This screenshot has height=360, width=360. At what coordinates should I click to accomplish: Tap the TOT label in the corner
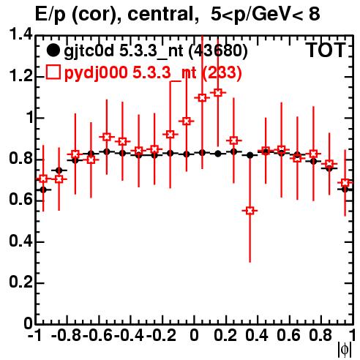(x=326, y=50)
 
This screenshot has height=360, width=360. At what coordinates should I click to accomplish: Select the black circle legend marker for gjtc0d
(x=53, y=50)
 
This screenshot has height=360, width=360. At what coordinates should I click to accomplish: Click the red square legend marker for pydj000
(x=53, y=72)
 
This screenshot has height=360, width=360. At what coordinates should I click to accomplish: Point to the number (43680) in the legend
(x=218, y=50)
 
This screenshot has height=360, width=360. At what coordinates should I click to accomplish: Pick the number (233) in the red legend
(x=222, y=72)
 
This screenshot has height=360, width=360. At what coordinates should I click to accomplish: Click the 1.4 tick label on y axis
(x=20, y=34)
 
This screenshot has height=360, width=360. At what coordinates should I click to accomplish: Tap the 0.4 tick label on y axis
(x=20, y=241)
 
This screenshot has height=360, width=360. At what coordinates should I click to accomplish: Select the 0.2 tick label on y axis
(x=20, y=282)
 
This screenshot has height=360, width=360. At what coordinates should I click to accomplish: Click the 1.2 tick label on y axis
(x=20, y=76)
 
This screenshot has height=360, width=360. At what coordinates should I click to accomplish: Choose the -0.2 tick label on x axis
(x=161, y=335)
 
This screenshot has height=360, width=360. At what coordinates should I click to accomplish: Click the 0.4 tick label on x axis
(x=257, y=335)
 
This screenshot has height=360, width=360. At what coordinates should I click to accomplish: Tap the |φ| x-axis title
(x=345, y=350)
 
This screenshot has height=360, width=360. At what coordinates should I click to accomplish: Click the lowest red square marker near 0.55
(x=250, y=211)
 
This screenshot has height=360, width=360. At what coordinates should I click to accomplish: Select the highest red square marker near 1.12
(x=218, y=93)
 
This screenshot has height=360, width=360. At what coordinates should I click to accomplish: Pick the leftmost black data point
(x=43, y=190)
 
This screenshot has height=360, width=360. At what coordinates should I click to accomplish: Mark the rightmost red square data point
(x=345, y=182)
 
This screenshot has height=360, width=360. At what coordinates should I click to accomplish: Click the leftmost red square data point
(x=43, y=179)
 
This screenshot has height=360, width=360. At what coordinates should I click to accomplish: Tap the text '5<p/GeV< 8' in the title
(x=265, y=14)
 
